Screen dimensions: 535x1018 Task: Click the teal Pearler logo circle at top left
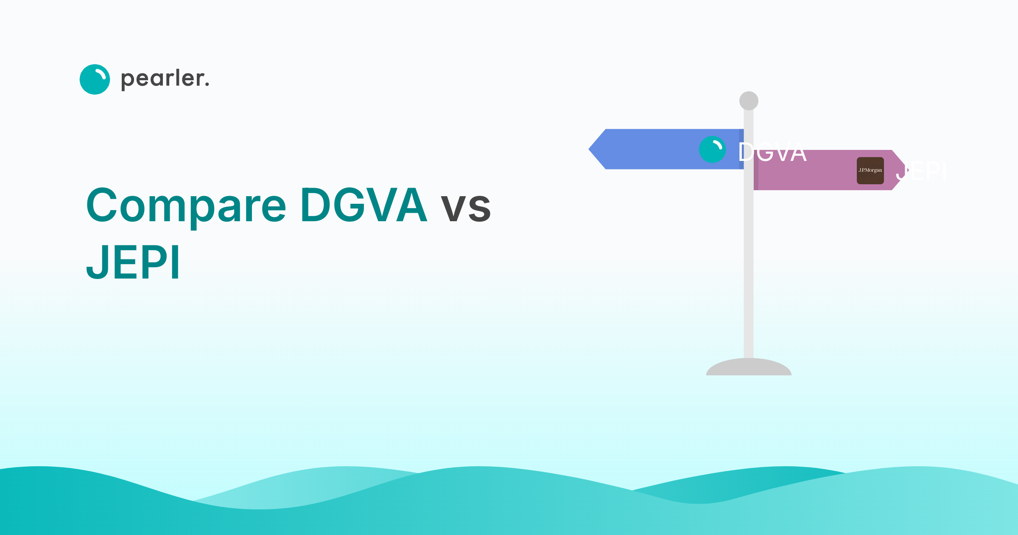95,79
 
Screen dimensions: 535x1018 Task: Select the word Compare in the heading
186,206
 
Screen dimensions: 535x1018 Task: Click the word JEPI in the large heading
133,262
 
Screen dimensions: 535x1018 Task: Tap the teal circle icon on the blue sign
712,149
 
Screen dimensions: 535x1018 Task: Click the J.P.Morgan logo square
870,170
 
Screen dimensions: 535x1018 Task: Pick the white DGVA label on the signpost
772,152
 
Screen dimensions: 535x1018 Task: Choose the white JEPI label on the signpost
921,172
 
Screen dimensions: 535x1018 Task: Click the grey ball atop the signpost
749,101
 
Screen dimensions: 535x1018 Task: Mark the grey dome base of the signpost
749,368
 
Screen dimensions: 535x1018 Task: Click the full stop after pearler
207,85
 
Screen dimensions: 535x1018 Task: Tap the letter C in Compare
102,205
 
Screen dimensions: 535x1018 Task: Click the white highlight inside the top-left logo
101,75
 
